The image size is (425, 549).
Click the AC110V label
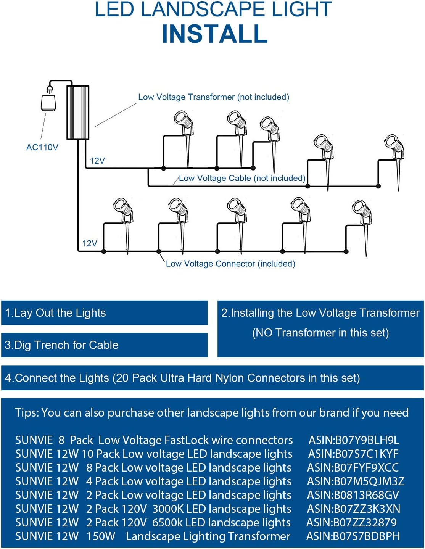[42, 147]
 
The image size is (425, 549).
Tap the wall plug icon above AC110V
[48, 100]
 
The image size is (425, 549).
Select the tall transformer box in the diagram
[78, 113]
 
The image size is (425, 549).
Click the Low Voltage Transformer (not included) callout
[214, 97]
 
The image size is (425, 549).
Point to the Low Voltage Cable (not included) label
[242, 178]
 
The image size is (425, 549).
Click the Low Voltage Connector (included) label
[230, 264]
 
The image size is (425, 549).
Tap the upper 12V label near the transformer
[97, 161]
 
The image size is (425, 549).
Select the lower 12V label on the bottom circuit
[90, 243]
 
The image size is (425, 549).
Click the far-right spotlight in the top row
[395, 149]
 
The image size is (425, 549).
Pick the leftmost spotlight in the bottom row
[124, 212]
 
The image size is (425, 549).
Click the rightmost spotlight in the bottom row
[362, 214]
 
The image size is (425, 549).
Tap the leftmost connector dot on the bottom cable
[104, 251]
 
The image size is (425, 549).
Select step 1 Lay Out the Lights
[55, 313]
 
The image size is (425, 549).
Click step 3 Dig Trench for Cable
[61, 345]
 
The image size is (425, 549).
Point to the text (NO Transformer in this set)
[320, 333]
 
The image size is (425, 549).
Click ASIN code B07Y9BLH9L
[354, 440]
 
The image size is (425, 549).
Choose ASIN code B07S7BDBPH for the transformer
[353, 536]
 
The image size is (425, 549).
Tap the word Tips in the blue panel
[26, 413]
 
